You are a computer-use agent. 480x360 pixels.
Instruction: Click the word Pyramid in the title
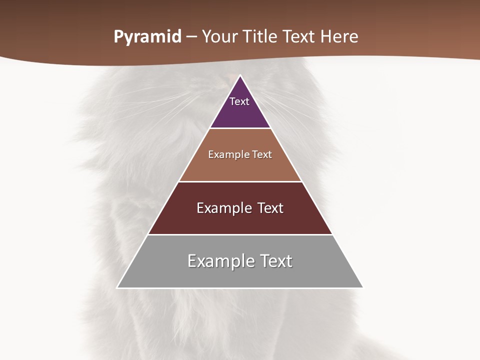(147, 37)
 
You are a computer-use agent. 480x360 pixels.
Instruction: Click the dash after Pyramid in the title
(191, 37)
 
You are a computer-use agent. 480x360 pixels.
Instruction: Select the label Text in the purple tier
(239, 101)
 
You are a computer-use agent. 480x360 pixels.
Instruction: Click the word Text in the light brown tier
(262, 154)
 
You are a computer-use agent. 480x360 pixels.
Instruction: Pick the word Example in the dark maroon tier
(223, 208)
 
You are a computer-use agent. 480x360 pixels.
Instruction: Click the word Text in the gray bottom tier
(274, 261)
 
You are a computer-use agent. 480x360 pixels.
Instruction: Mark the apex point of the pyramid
(240, 75)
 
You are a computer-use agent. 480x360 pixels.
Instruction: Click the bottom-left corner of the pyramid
(117, 287)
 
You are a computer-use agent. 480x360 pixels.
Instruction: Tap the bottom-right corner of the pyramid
(363, 287)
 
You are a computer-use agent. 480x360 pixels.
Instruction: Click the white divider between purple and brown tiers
(240, 128)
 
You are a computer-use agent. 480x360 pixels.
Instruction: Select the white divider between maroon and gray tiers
(240, 234)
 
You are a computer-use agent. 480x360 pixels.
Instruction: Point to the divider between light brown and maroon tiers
(240, 181)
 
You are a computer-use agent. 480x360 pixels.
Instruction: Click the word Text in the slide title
(298, 37)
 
